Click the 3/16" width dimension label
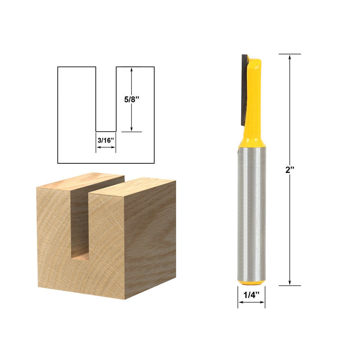(x=106, y=140)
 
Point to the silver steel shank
(x=252, y=211)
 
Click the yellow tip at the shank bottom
(x=252, y=283)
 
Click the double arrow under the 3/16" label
(x=106, y=146)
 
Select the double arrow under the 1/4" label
(x=252, y=303)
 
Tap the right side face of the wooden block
(x=150, y=238)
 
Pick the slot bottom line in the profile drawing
(x=106, y=131)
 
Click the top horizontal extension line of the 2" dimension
(x=289, y=54)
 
